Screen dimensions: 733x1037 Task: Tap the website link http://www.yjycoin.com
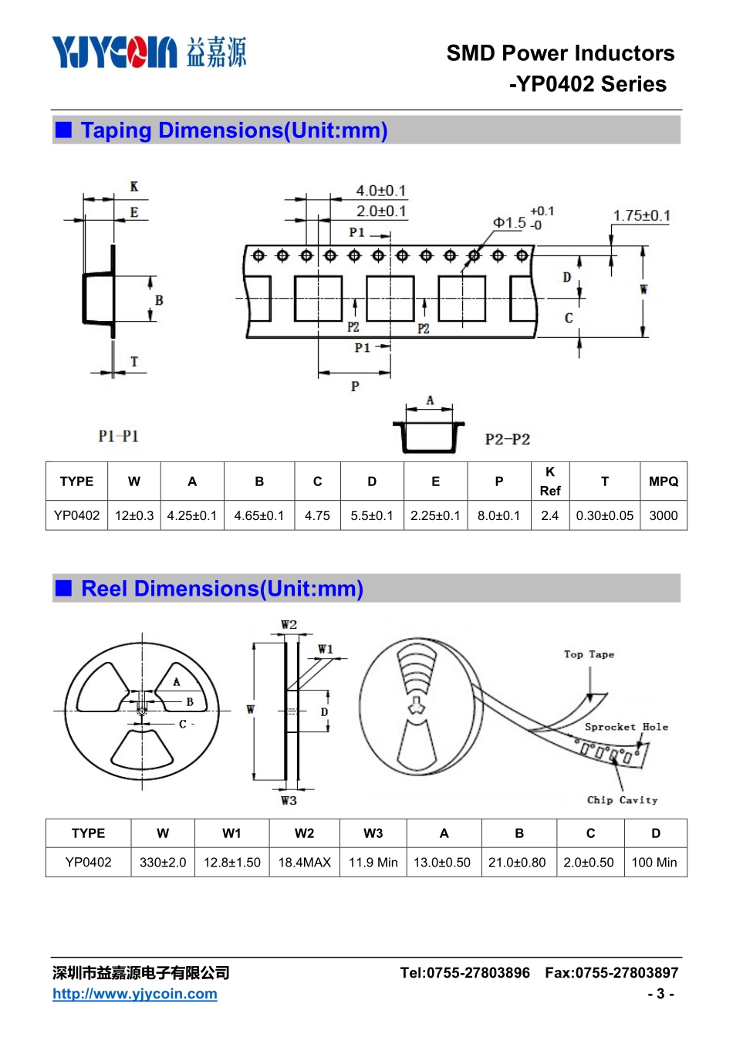coord(135,993)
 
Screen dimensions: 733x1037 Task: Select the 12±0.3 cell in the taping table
coord(133,515)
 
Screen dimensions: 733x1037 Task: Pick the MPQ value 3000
coord(663,515)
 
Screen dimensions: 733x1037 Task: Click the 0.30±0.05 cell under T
coord(604,515)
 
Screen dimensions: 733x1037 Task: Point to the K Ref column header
coord(549,481)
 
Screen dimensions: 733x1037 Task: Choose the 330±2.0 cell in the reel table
coord(163,862)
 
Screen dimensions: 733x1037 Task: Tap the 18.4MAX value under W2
coord(304,862)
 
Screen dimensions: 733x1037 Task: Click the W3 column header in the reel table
coord(373,833)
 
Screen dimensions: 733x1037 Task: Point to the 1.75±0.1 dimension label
coord(641,215)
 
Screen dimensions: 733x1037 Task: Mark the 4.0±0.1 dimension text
coord(380,191)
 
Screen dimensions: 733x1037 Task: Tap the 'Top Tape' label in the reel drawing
coord(589,654)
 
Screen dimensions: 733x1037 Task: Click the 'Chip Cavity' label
coord(622,800)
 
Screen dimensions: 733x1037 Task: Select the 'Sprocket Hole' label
coord(626,727)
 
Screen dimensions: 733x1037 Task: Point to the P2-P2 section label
coord(507,439)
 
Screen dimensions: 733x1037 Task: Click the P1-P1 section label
coord(118,436)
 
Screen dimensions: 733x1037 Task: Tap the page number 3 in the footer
coord(660,994)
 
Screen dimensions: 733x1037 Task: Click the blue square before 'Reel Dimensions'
coord(63,588)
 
